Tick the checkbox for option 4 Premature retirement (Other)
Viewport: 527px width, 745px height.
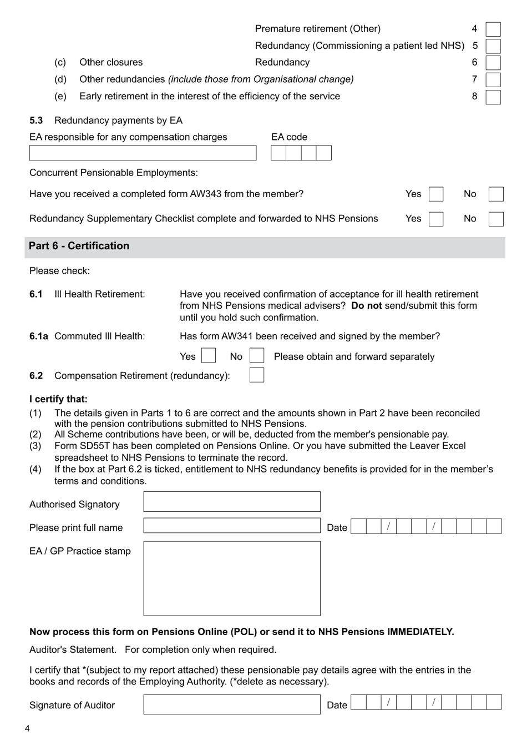coord(493,29)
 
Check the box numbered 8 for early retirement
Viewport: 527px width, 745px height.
coord(493,97)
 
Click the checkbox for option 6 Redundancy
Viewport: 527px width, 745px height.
coord(493,63)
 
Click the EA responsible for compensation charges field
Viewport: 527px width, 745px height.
coord(143,153)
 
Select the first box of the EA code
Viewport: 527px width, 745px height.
coord(278,153)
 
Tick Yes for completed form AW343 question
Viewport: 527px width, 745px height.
coord(436,194)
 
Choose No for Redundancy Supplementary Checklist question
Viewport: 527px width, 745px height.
coord(496,219)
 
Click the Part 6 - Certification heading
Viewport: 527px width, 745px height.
coord(79,246)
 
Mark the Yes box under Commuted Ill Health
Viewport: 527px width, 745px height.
coord(209,356)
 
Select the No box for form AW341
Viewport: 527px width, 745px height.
coord(257,356)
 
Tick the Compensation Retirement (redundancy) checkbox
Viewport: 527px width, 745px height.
coord(257,375)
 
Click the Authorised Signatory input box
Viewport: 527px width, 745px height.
coord(231,502)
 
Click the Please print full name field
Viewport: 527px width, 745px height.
coord(231,526)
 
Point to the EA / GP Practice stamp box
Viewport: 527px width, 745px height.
coord(231,578)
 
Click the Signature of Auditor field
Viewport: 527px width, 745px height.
coord(231,704)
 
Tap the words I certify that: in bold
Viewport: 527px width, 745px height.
coord(58,399)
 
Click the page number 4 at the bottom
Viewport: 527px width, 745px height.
coord(27,728)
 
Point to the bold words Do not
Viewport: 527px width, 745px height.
coord(366,306)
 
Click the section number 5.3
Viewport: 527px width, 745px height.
coord(36,120)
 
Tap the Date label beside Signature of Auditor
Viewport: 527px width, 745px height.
coord(337,705)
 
